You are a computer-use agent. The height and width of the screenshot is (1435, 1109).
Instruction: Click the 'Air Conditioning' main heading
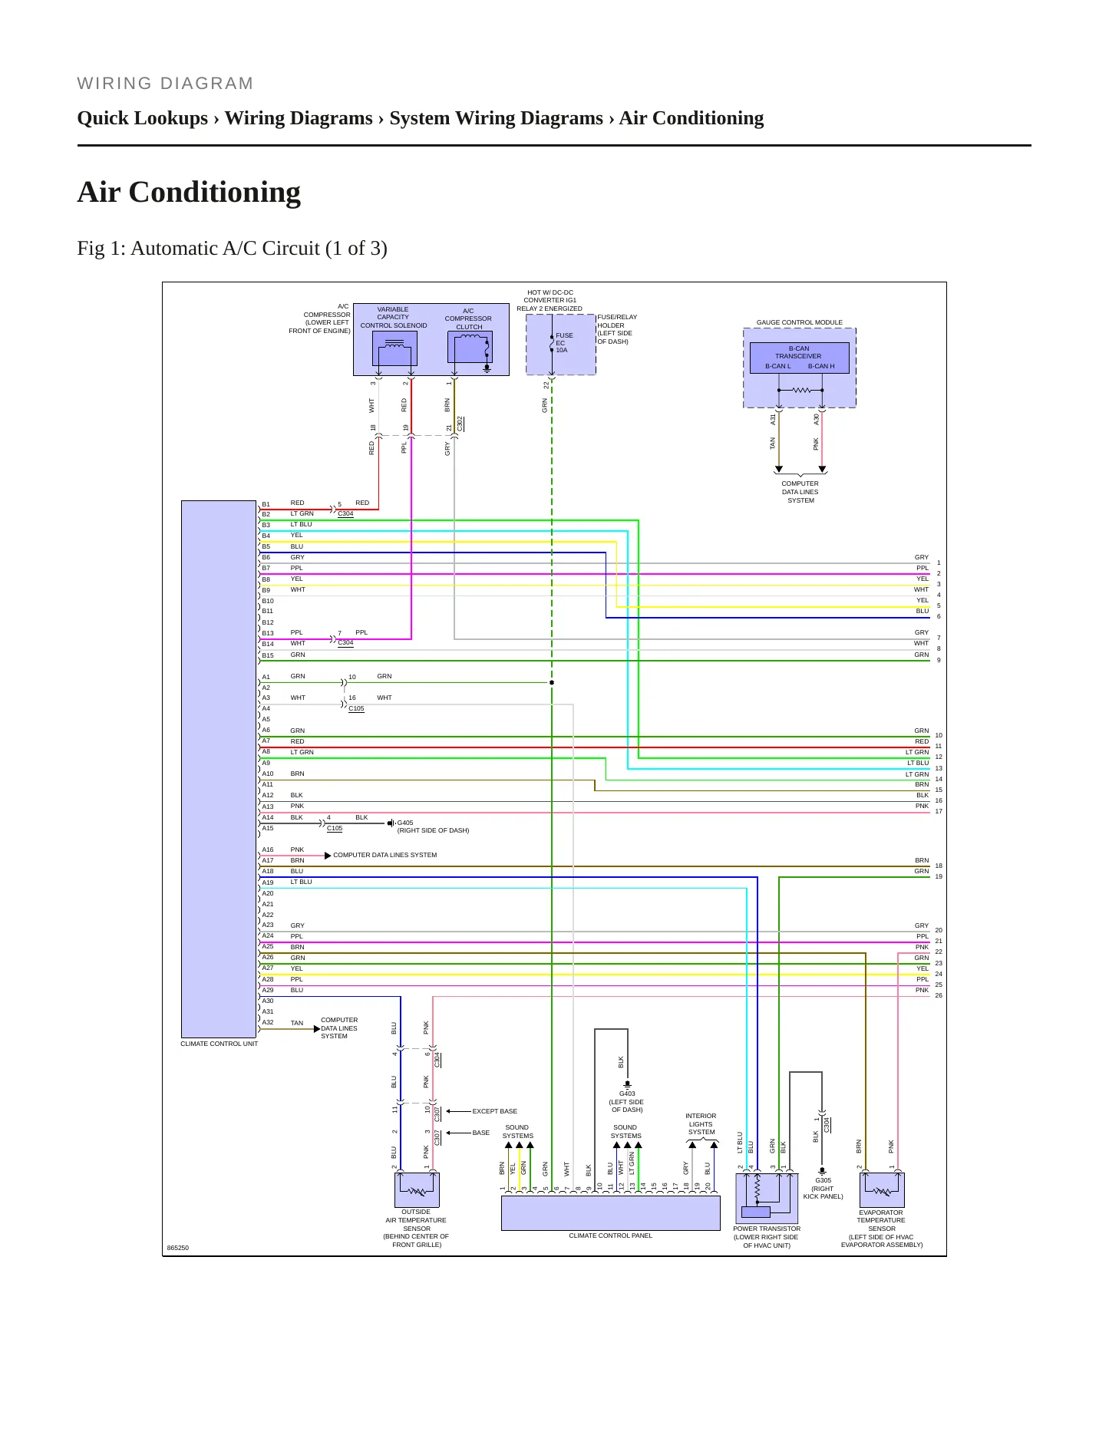coord(189,192)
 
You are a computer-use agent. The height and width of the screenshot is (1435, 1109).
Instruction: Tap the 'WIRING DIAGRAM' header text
coord(165,84)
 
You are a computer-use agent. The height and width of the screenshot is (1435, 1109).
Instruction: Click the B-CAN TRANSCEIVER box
coord(799,358)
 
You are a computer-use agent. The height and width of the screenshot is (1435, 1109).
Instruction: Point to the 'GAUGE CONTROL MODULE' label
coord(799,322)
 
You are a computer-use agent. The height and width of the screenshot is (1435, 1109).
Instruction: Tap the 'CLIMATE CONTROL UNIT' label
coord(219,1044)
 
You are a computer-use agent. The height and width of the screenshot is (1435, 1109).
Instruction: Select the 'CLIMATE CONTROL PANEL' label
coord(610,1235)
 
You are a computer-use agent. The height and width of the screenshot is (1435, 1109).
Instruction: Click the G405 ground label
coord(405,823)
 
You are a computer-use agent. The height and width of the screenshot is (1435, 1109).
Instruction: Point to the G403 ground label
coord(627,1094)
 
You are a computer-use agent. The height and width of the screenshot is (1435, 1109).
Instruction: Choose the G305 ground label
coord(823,1180)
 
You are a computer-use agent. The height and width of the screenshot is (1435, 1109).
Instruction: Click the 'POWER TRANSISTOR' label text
coord(766,1229)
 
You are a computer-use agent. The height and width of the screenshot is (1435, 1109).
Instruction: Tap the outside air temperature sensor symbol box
coord(417,1190)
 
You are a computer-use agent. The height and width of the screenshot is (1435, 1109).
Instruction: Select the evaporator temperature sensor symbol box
coord(882,1190)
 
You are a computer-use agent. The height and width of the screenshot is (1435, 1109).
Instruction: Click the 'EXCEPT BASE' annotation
coord(494,1111)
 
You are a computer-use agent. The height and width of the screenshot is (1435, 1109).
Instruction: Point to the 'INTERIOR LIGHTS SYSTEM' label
coord(701,1124)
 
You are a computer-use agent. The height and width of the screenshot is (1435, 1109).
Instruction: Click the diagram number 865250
coord(177,1248)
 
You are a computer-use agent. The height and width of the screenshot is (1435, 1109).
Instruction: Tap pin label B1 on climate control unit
coord(266,505)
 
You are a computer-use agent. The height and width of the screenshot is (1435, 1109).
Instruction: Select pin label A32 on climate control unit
coord(268,1022)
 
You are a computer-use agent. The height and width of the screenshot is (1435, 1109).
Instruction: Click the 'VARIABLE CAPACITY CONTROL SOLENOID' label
coord(394,318)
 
